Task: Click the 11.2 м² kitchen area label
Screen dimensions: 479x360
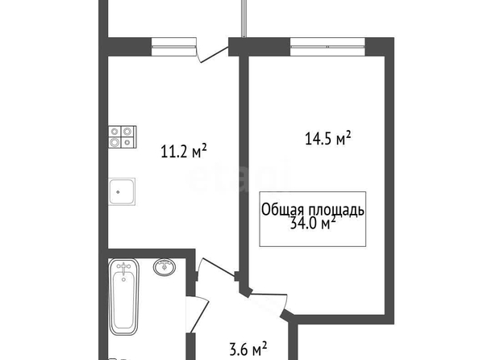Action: tap(184, 151)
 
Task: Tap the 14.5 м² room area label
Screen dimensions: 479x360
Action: tap(327, 138)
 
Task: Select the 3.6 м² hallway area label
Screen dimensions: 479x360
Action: tap(248, 349)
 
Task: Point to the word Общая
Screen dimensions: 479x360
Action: tap(283, 210)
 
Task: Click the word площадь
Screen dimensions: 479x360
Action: tap(336, 211)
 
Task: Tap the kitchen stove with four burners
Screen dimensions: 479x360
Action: tap(123, 136)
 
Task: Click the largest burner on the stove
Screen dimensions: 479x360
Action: tap(115, 142)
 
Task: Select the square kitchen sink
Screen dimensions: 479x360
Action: tap(122, 192)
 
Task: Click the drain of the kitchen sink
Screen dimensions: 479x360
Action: tap(118, 192)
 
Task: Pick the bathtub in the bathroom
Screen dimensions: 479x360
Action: tap(124, 297)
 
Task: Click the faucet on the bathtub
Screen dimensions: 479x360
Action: tap(123, 269)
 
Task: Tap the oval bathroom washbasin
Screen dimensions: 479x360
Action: tap(165, 266)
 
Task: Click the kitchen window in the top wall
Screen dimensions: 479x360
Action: tap(173, 47)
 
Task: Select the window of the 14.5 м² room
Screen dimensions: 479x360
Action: tap(327, 47)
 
